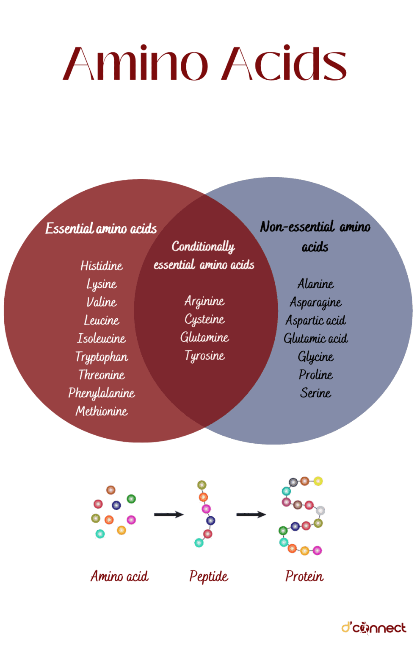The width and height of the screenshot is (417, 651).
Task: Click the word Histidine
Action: [x=102, y=266]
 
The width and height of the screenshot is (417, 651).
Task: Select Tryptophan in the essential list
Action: [x=102, y=357]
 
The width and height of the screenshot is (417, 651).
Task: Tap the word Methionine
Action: [x=102, y=411]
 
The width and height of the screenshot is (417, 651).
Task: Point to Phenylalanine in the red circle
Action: [x=102, y=393]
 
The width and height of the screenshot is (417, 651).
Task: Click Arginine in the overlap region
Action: [x=204, y=301]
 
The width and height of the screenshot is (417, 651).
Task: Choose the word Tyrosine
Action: [x=204, y=356]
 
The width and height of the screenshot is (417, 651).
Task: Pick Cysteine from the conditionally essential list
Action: [x=204, y=319]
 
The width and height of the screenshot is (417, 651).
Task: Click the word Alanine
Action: [x=315, y=284]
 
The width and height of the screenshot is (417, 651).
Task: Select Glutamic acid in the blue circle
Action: [x=315, y=338]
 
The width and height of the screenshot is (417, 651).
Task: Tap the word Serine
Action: [x=315, y=393]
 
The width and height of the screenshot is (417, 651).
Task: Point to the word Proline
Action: [x=315, y=375]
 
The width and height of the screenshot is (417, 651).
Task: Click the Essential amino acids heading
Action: [x=101, y=228]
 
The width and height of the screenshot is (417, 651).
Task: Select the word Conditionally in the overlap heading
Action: [x=203, y=246]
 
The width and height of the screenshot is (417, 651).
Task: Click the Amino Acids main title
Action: [x=205, y=63]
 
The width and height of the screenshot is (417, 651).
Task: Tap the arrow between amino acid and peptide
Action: [x=168, y=515]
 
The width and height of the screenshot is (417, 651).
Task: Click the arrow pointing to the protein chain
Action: [x=251, y=515]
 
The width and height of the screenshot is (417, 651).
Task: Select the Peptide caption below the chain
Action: [x=209, y=576]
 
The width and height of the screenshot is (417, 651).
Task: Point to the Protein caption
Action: [x=304, y=576]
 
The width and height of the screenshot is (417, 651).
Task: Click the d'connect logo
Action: [x=374, y=628]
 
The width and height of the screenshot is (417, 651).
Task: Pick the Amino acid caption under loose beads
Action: [x=119, y=576]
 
